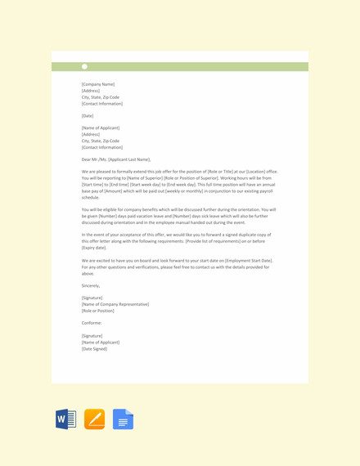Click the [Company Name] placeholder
pyautogui.click(x=98, y=84)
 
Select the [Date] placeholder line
pyautogui.click(x=88, y=116)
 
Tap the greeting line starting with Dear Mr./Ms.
pyautogui.click(x=116, y=159)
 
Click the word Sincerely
pyautogui.click(x=91, y=285)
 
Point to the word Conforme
pyautogui.click(x=92, y=323)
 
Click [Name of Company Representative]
pyautogui.click(x=115, y=304)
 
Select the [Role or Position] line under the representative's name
pyautogui.click(x=98, y=311)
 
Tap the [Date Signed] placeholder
pyautogui.click(x=94, y=348)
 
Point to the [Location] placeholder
pyautogui.click(x=248, y=172)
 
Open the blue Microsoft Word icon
pyautogui.click(x=66, y=420)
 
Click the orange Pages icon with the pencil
pyautogui.click(x=95, y=420)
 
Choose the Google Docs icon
pyautogui.click(x=124, y=420)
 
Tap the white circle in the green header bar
pyautogui.click(x=84, y=67)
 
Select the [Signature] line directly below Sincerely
pyautogui.click(x=92, y=298)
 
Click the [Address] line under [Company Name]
pyautogui.click(x=90, y=91)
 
